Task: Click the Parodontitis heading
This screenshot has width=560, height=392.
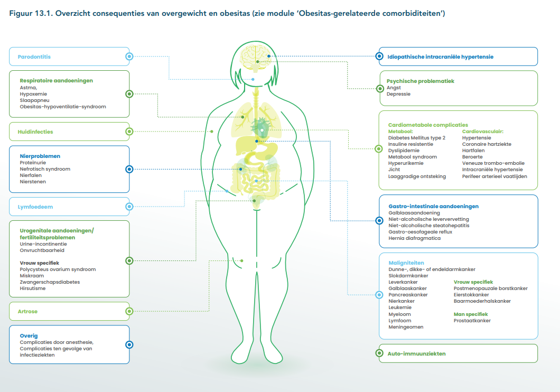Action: (34, 57)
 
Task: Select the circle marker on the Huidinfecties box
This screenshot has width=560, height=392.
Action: (129, 132)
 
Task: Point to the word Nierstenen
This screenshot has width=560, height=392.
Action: (33, 182)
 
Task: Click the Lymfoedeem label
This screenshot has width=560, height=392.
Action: (35, 207)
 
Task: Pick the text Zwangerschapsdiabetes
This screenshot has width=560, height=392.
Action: (50, 282)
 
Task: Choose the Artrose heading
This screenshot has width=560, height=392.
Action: (27, 311)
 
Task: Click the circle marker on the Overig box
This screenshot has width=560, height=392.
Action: (129, 344)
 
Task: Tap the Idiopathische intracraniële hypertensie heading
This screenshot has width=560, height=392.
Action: (441, 57)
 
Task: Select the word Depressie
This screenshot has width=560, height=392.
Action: (398, 94)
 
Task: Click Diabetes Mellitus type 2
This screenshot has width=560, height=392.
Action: (417, 138)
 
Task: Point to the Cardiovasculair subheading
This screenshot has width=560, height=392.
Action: (483, 132)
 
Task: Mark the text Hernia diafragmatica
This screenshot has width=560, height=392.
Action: (415, 238)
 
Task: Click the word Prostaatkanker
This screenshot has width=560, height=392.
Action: (472, 321)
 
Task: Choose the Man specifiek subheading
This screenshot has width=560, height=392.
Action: (471, 314)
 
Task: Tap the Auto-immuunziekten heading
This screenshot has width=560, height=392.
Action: (416, 353)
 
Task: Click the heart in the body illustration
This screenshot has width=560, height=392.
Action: (262, 127)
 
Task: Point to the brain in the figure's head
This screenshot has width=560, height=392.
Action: (255, 57)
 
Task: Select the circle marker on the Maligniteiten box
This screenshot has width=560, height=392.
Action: (379, 295)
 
